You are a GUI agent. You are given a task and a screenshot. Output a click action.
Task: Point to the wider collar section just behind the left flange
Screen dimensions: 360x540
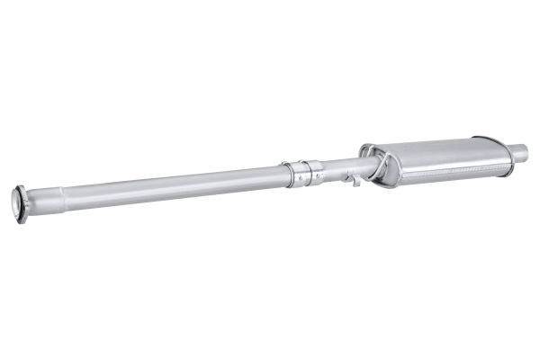pyautogui.click(x=41, y=198)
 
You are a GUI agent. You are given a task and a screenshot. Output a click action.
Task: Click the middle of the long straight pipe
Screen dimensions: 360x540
pyautogui.click(x=171, y=184)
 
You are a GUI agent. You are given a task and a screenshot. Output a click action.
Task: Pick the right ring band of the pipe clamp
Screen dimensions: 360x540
pyautogui.click(x=317, y=171)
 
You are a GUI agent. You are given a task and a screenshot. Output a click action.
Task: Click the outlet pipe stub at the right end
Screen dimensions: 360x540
pyautogui.click(x=519, y=149)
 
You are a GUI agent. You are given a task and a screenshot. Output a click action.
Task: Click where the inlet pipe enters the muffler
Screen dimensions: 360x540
pyautogui.click(x=365, y=165)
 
